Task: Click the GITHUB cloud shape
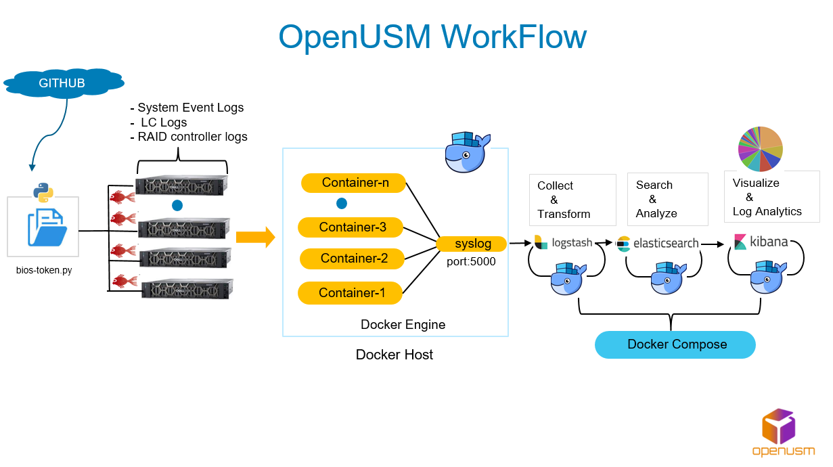pyautogui.click(x=63, y=83)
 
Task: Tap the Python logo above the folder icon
pyautogui.click(x=43, y=192)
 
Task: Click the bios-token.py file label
pyautogui.click(x=43, y=271)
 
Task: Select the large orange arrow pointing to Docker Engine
pyautogui.click(x=255, y=238)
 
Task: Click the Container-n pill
pyautogui.click(x=353, y=183)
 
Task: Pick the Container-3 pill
pyautogui.click(x=351, y=227)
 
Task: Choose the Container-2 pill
pyautogui.click(x=352, y=259)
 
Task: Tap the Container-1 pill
pyautogui.click(x=351, y=293)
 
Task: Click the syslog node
pyautogui.click(x=472, y=244)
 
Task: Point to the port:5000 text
pyautogui.click(x=471, y=260)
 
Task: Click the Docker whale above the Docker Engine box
pyautogui.click(x=467, y=152)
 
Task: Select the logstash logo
pyautogui.click(x=563, y=242)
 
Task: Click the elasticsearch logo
pyautogui.click(x=657, y=243)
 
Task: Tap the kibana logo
pyautogui.click(x=761, y=242)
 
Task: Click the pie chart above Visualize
pyautogui.click(x=759, y=148)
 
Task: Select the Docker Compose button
pyautogui.click(x=675, y=344)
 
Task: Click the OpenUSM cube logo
pyautogui.click(x=778, y=427)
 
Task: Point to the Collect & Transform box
pyautogui.click(x=573, y=200)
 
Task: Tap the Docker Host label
pyautogui.click(x=395, y=355)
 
